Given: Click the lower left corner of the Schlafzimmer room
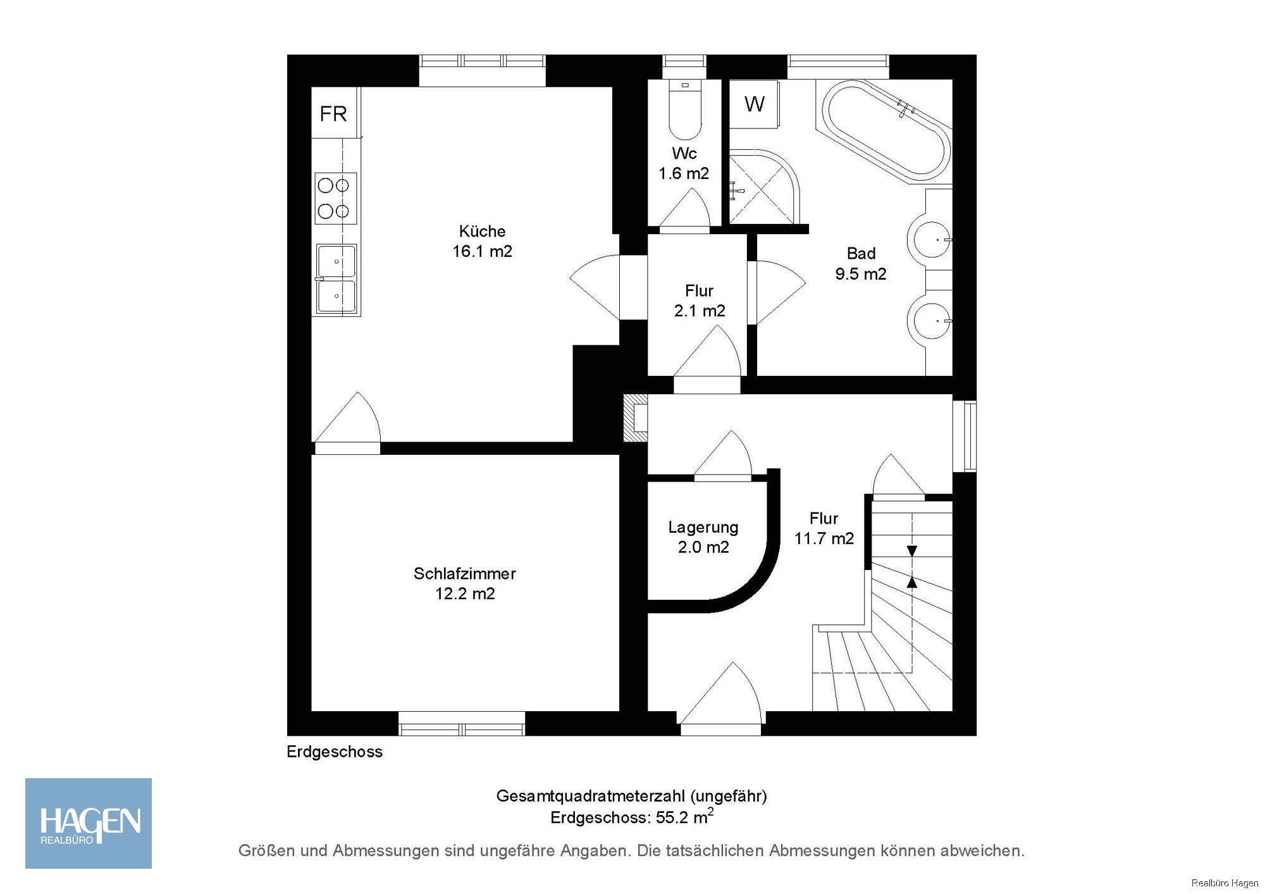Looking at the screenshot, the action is tap(311, 711).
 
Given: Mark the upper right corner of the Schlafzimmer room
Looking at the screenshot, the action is tap(619, 455).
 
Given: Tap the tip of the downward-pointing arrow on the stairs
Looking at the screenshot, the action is tap(911, 556).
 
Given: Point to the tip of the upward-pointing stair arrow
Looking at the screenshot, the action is tap(911, 576).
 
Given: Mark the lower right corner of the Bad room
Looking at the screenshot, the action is tap(953, 376).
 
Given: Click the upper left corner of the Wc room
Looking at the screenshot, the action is tap(648, 80).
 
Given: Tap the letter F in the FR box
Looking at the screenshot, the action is tap(325, 114).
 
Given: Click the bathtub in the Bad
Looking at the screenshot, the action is tap(886, 131).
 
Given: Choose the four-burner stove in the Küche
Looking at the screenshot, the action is tap(335, 198).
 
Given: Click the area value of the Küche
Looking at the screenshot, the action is tap(482, 251).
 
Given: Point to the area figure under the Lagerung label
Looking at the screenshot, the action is tap(703, 547).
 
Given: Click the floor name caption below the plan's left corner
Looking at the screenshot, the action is tap(335, 752).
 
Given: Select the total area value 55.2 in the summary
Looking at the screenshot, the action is tap(672, 817).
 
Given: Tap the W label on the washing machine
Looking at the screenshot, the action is tap(755, 104).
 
